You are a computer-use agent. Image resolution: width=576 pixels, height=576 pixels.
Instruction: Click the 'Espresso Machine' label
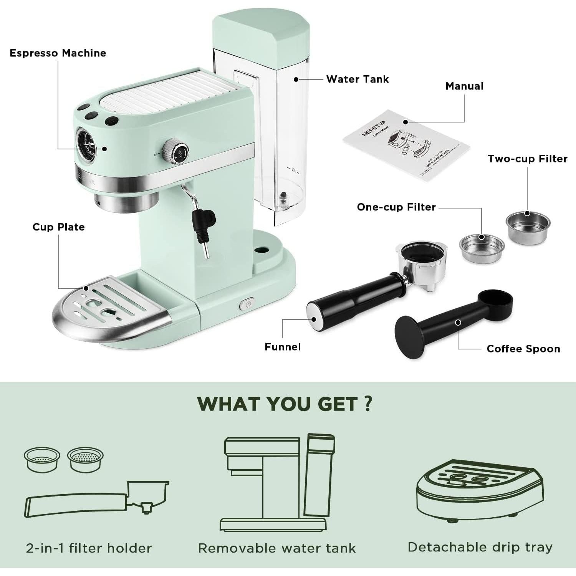coord(58,53)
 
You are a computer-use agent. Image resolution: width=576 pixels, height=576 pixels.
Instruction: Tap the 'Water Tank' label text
coord(357,79)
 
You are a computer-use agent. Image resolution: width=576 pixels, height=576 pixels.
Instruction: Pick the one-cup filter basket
coord(482,248)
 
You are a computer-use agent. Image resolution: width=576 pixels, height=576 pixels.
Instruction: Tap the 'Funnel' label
coord(283,347)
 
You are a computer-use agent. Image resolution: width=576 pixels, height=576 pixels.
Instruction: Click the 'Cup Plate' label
coord(58,227)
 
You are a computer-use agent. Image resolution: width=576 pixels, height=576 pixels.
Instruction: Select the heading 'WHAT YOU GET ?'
coord(285,404)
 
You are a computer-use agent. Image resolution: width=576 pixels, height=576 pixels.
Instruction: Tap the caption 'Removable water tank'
coord(277,548)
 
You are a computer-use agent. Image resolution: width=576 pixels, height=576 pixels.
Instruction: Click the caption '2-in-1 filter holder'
coord(89,548)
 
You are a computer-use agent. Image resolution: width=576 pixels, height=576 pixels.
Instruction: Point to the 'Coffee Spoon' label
coord(523,349)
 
